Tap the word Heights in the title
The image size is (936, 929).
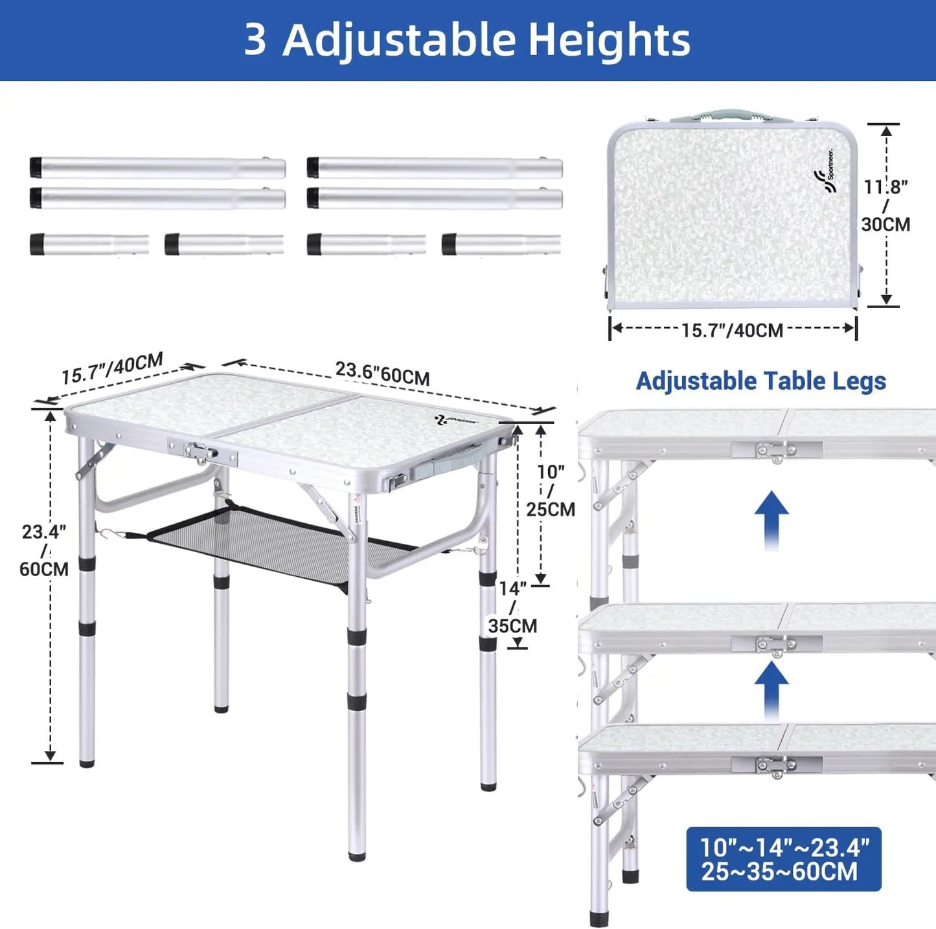tap(610, 40)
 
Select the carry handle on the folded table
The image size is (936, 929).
tap(732, 117)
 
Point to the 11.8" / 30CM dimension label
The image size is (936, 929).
tap(885, 205)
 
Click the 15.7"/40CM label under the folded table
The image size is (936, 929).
tap(732, 330)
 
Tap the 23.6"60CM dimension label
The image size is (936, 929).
tap(382, 373)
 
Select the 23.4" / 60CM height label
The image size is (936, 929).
tap(44, 550)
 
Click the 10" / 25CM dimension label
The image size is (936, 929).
tap(551, 490)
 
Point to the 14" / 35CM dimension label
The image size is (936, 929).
tap(512, 607)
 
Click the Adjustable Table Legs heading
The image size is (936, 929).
tap(760, 381)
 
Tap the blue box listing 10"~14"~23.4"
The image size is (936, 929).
tap(783, 858)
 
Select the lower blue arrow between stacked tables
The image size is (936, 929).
tap(771, 690)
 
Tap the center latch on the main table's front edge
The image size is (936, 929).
tap(201, 452)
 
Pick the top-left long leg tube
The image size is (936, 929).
tap(157, 168)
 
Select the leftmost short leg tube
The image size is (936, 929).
tap(89, 245)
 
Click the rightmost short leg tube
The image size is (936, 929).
tap(501, 245)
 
